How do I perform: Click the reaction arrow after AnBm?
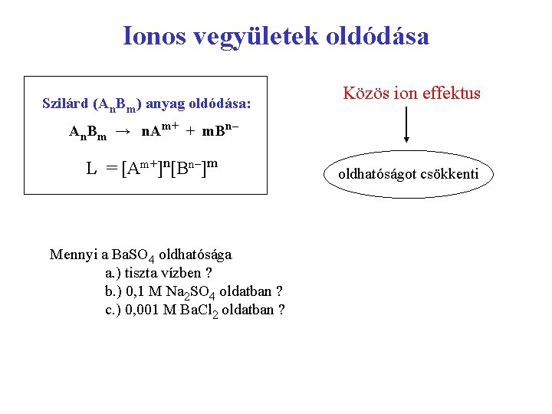122,132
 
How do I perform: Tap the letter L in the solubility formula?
91,167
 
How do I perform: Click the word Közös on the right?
367,94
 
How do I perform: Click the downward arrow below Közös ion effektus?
406,126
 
